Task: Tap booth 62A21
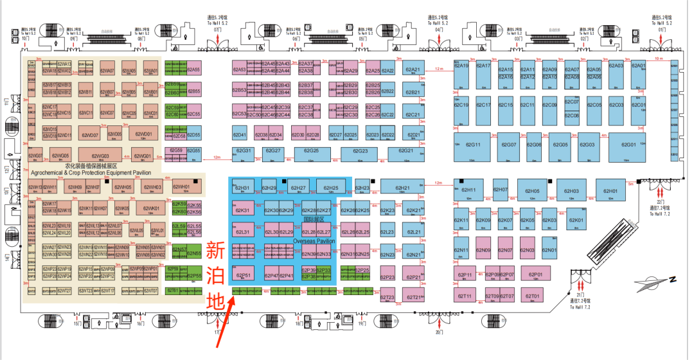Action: (413, 70)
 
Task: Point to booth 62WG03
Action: (100, 156)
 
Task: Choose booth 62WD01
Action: (143, 134)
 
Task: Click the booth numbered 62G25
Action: (311, 151)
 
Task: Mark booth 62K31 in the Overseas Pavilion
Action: (242, 210)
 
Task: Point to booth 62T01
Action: (531, 296)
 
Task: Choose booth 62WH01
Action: (186, 188)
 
